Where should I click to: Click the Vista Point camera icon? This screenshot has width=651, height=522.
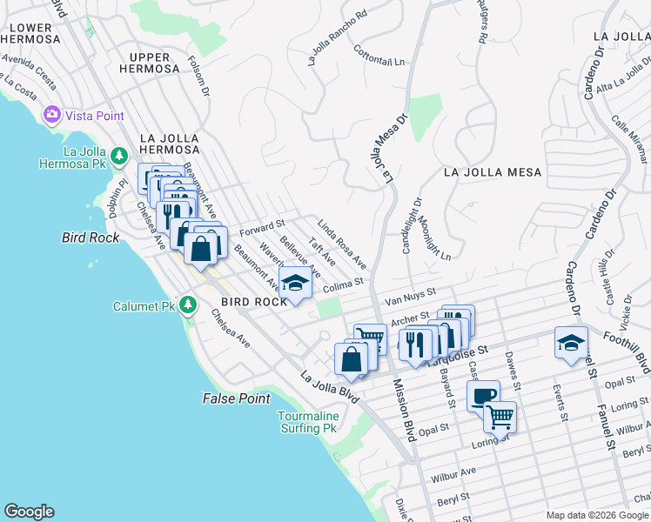click(51, 115)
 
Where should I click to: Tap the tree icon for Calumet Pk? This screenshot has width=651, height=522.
click(187, 305)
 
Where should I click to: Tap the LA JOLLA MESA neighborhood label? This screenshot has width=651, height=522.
click(492, 172)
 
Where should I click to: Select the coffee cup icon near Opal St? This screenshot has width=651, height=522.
click(483, 396)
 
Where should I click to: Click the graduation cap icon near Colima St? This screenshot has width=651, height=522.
click(295, 283)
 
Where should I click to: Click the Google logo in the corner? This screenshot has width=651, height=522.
click(29, 512)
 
